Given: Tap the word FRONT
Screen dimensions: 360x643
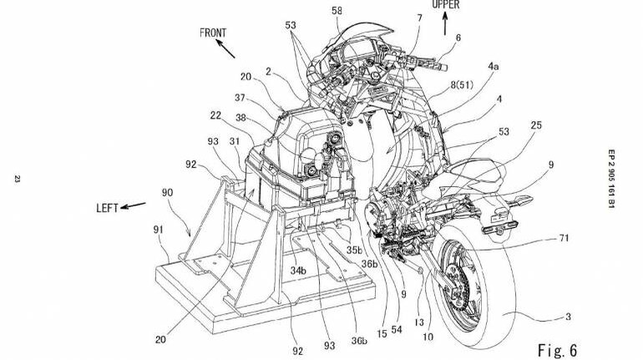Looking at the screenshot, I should tap(215, 33).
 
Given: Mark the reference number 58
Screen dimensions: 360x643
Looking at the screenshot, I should tap(337, 12).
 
